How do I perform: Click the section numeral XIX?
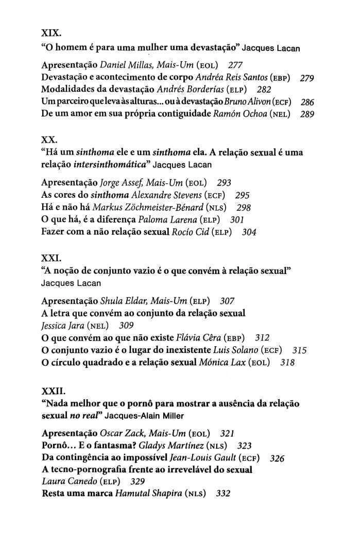click(51, 33)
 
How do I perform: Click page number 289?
click(307, 114)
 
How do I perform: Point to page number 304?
click(249, 232)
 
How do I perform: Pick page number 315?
click(299, 350)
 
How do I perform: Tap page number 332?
click(223, 494)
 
